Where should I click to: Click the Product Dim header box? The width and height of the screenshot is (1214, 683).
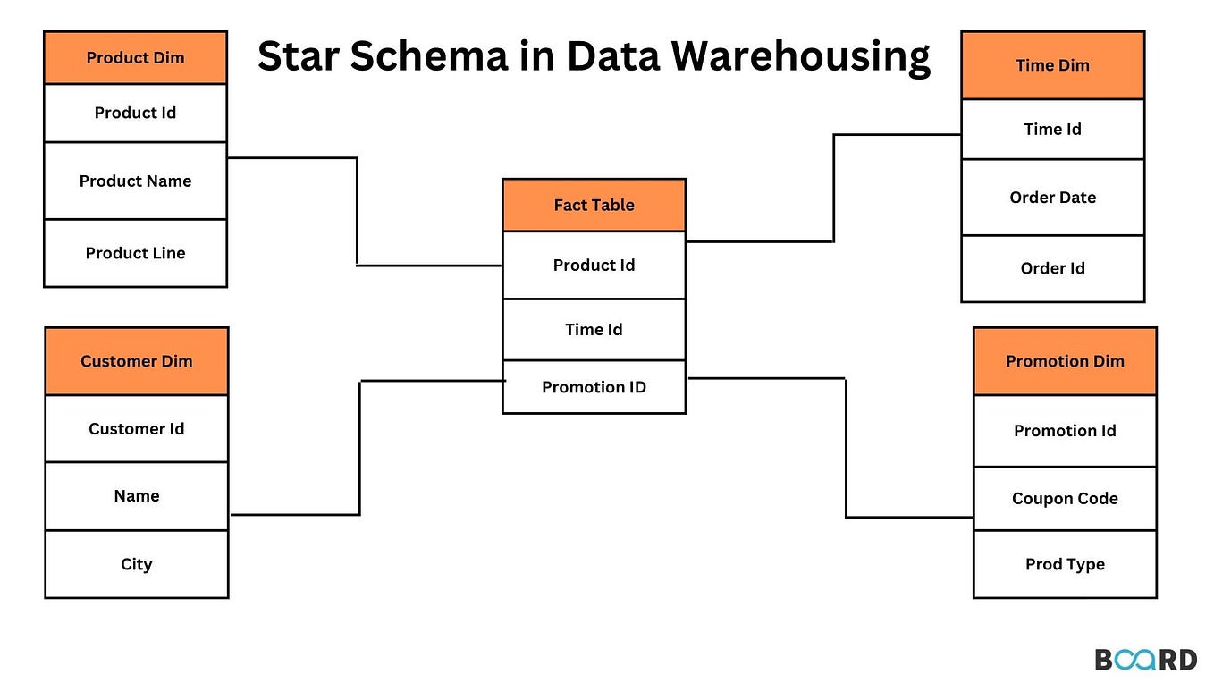coord(135,58)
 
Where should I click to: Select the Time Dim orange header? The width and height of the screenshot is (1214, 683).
coord(1052,65)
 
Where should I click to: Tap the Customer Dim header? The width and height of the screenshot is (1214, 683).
coord(137,361)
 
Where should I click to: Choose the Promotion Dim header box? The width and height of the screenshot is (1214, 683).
coord(1065,361)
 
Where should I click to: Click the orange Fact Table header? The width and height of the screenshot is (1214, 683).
coord(594,205)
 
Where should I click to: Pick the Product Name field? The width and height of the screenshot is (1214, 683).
coord(135,181)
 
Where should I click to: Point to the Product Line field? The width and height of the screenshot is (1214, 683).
coord(135,253)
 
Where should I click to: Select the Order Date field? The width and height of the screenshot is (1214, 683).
coord(1052,198)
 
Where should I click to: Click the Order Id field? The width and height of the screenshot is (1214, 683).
coord(1052,268)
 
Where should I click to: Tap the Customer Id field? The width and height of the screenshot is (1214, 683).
coord(137,429)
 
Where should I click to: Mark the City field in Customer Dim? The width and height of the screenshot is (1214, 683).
coord(137,564)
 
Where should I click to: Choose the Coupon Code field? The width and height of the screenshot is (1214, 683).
coord(1065,499)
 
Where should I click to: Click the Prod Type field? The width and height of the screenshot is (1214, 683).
coord(1065,564)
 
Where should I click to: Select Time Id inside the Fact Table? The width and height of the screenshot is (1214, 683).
coord(594,330)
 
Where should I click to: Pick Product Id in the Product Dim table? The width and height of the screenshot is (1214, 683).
coord(135,113)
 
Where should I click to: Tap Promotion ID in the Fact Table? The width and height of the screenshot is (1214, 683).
coord(594,387)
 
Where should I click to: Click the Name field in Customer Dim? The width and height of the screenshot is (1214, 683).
coord(137,496)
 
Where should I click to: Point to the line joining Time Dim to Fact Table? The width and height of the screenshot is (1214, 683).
coord(834,188)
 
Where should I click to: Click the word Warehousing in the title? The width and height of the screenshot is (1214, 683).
coord(801,57)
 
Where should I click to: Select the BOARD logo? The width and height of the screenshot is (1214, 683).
coord(1145,660)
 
